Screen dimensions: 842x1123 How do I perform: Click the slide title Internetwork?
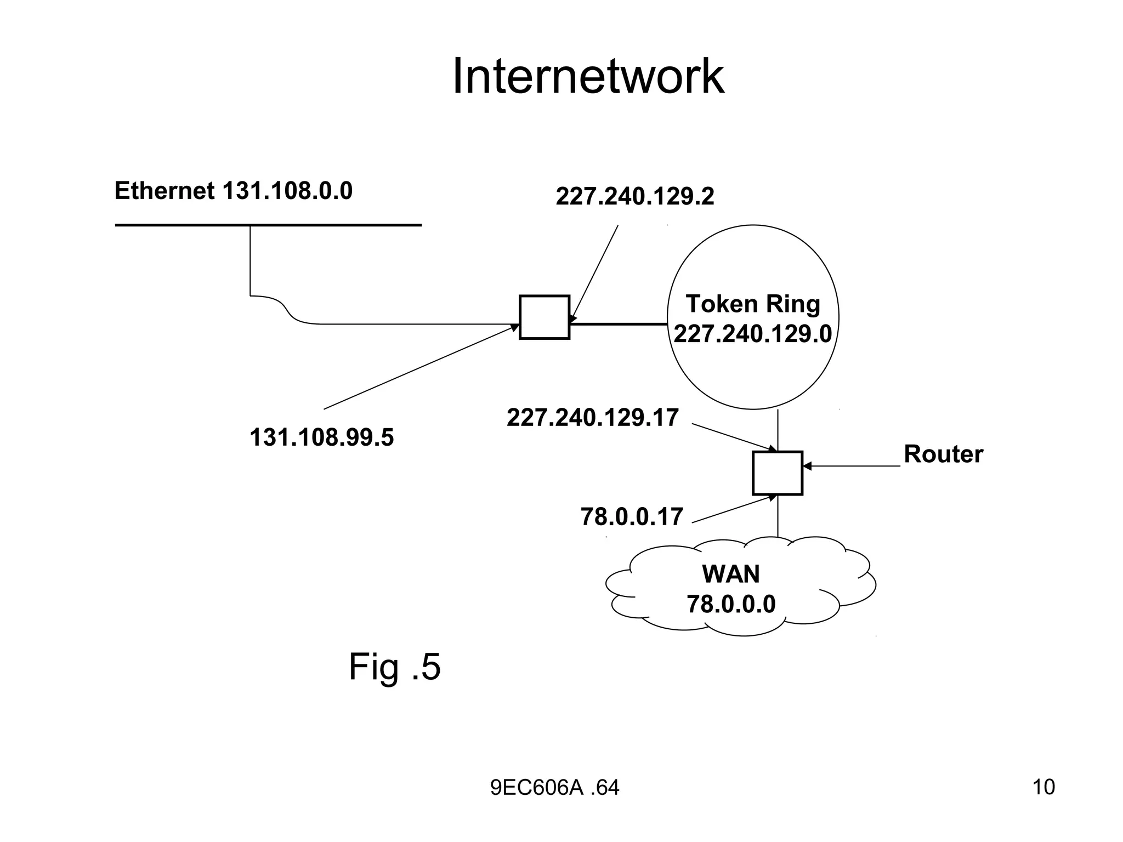(588, 77)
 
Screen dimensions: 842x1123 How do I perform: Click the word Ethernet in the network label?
(164, 191)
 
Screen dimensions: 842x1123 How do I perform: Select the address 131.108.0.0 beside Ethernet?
(287, 191)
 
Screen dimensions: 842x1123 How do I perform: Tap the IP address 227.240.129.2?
(635, 196)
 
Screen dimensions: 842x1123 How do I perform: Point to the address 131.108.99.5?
(321, 437)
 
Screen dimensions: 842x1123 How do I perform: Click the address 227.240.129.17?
(593, 418)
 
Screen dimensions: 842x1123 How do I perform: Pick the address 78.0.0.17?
(632, 517)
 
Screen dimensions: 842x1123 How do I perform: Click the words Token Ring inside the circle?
(752, 304)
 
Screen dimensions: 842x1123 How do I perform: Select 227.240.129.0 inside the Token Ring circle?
(752, 333)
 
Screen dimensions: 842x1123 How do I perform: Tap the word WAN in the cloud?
(731, 574)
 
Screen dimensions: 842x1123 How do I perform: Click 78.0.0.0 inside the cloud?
(731, 604)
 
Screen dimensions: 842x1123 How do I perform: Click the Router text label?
(943, 454)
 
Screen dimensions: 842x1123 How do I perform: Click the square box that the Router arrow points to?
(777, 473)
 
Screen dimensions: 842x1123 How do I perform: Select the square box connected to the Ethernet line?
(544, 317)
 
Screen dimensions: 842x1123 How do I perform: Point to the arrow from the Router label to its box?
(853, 466)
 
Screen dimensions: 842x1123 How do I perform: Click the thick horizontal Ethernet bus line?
(268, 225)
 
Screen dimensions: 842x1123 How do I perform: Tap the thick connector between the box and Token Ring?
(618, 324)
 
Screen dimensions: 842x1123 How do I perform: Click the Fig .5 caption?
(394, 667)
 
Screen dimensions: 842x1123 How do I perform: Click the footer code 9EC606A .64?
(554, 788)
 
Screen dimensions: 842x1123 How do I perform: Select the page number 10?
(1043, 787)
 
